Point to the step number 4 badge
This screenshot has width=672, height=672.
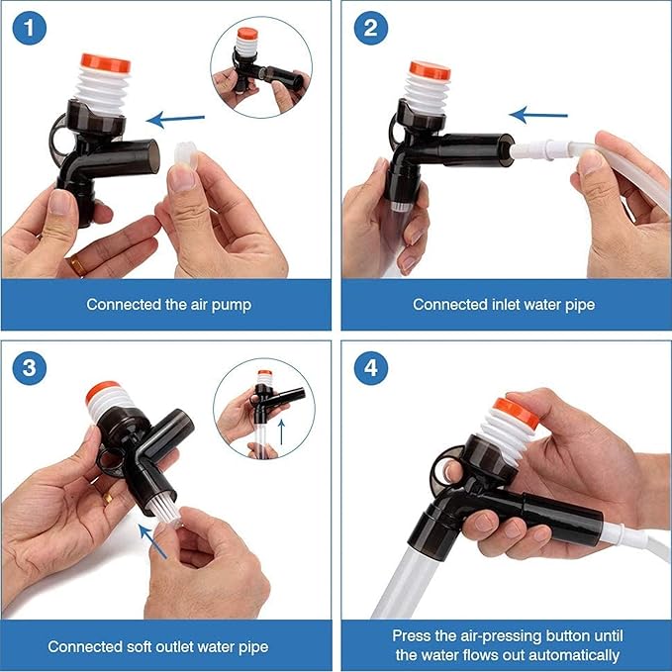coord(370,367)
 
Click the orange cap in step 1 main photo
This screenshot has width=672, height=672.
coord(106,63)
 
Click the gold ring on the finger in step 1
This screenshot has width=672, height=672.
coord(76,264)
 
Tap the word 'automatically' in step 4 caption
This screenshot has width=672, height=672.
coord(575,655)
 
